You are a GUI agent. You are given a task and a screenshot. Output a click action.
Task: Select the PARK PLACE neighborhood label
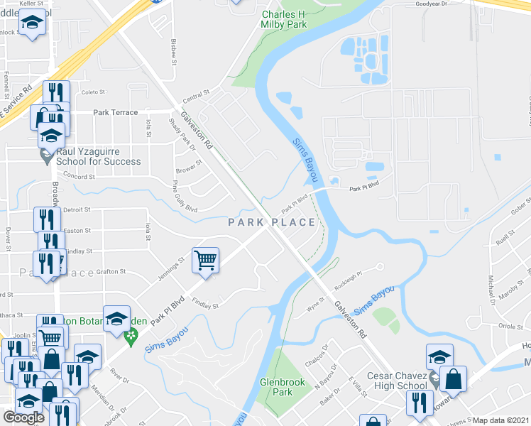(272, 223)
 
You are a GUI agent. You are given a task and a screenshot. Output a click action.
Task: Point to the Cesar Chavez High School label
(397, 381)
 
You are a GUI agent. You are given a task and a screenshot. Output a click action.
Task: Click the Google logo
(23, 417)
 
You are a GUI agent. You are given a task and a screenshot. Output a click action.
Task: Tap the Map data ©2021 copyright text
(501, 420)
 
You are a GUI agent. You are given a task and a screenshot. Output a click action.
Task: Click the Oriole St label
(511, 327)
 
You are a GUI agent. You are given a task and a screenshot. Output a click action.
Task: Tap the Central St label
(197, 93)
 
